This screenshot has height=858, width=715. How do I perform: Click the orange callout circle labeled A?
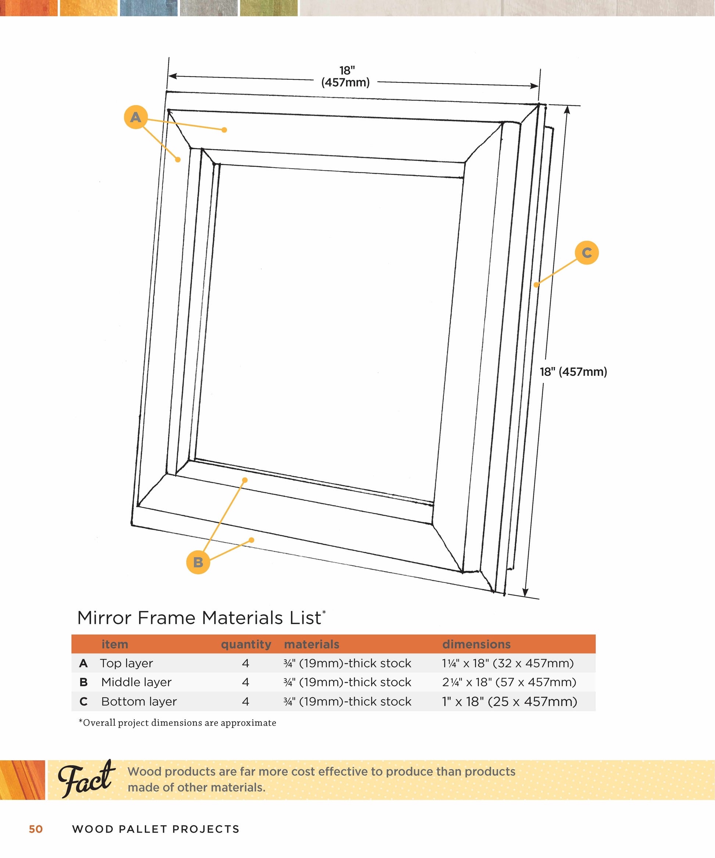(x=136, y=117)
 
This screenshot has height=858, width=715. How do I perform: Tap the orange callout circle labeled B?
(x=198, y=562)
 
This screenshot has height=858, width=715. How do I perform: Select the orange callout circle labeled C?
(x=587, y=252)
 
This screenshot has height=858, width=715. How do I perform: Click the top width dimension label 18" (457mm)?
(x=346, y=76)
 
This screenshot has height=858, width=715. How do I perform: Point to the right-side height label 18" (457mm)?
(x=573, y=372)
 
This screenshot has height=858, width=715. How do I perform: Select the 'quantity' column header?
(x=246, y=644)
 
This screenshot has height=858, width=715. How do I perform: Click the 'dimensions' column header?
(x=477, y=644)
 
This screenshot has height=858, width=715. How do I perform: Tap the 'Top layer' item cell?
(x=127, y=663)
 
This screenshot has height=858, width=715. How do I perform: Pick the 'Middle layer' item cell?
(x=136, y=682)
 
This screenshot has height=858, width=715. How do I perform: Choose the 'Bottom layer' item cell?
(x=139, y=701)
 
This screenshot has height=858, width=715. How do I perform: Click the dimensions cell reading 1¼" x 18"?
(x=508, y=663)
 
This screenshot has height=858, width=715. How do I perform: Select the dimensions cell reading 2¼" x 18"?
(x=509, y=682)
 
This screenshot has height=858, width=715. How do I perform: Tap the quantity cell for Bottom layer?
(x=245, y=701)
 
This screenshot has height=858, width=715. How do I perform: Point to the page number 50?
(x=36, y=829)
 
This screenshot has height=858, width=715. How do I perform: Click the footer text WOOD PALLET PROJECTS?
(x=156, y=829)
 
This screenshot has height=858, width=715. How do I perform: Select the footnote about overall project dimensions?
(x=177, y=723)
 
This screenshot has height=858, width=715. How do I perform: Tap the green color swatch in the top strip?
(x=269, y=8)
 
